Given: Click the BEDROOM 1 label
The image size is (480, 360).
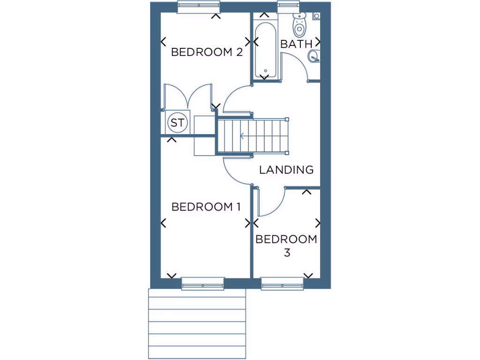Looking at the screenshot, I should coord(206,207).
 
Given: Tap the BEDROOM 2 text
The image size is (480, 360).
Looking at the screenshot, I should coord(207,52).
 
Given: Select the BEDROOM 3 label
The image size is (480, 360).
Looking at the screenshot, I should coord(286,246).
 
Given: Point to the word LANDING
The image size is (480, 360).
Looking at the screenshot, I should coord(286,170).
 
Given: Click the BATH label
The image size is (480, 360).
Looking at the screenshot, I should coord(296,44).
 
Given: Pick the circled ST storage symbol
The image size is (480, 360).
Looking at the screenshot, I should coord(177,123).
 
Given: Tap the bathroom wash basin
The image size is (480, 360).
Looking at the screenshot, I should coord(314,57).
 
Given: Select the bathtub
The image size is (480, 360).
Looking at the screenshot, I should coord(265,50).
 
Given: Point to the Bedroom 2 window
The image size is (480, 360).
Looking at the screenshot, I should coord(198,7).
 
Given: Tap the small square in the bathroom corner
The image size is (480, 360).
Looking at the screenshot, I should coord(316,16).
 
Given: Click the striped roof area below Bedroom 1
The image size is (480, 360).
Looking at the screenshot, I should coord(197,323).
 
